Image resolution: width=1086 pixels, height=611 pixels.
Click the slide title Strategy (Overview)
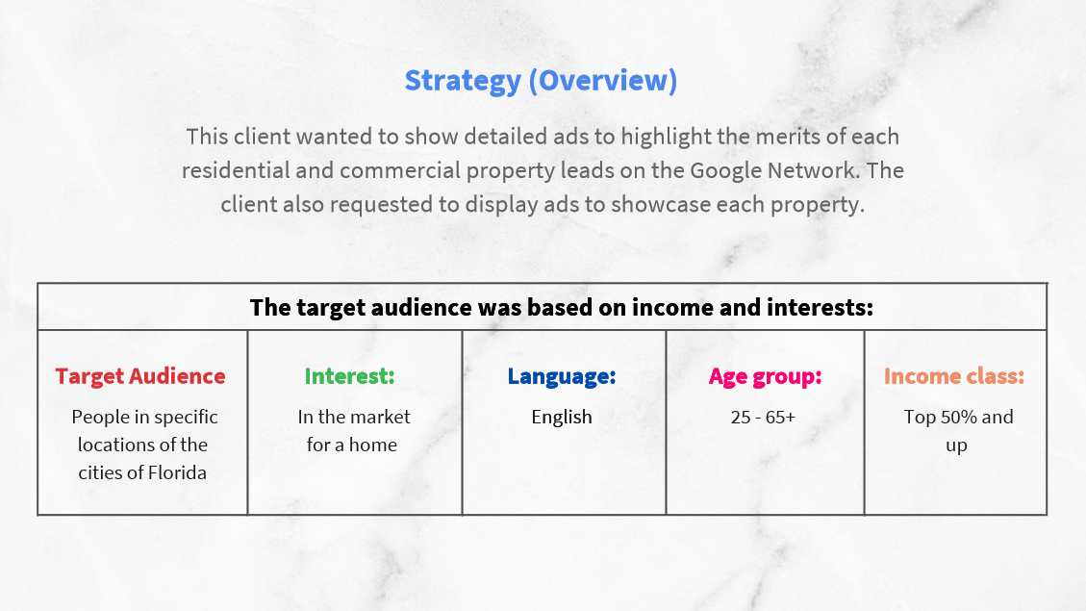pyautogui.click(x=541, y=81)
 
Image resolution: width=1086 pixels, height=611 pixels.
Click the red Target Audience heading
pyautogui.click(x=140, y=375)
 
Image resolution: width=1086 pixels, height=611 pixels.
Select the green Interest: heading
pyautogui.click(x=350, y=375)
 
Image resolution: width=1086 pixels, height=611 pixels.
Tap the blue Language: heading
pyautogui.click(x=562, y=376)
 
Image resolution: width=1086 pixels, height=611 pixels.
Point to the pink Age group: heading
pyautogui.click(x=766, y=376)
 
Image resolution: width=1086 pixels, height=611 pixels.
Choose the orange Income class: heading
pyautogui.click(x=953, y=375)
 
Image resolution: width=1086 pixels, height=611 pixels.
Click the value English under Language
pyautogui.click(x=562, y=417)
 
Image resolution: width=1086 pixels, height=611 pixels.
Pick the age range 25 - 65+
pyautogui.click(x=763, y=417)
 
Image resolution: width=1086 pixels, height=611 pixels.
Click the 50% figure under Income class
pyautogui.click(x=956, y=417)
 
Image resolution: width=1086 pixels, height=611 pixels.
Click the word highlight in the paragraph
pyautogui.click(x=666, y=137)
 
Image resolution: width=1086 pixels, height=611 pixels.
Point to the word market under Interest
pyautogui.click(x=382, y=417)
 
